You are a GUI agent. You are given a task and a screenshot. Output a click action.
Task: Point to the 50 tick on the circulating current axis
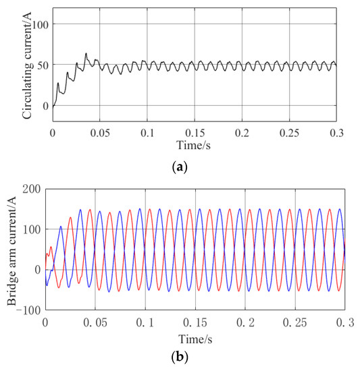[41, 65]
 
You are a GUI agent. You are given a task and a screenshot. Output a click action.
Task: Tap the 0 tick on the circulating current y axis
[44, 106]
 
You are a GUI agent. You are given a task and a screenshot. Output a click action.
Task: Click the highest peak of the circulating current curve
[86, 53]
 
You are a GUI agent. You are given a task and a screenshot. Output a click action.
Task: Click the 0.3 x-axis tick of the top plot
[337, 133]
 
